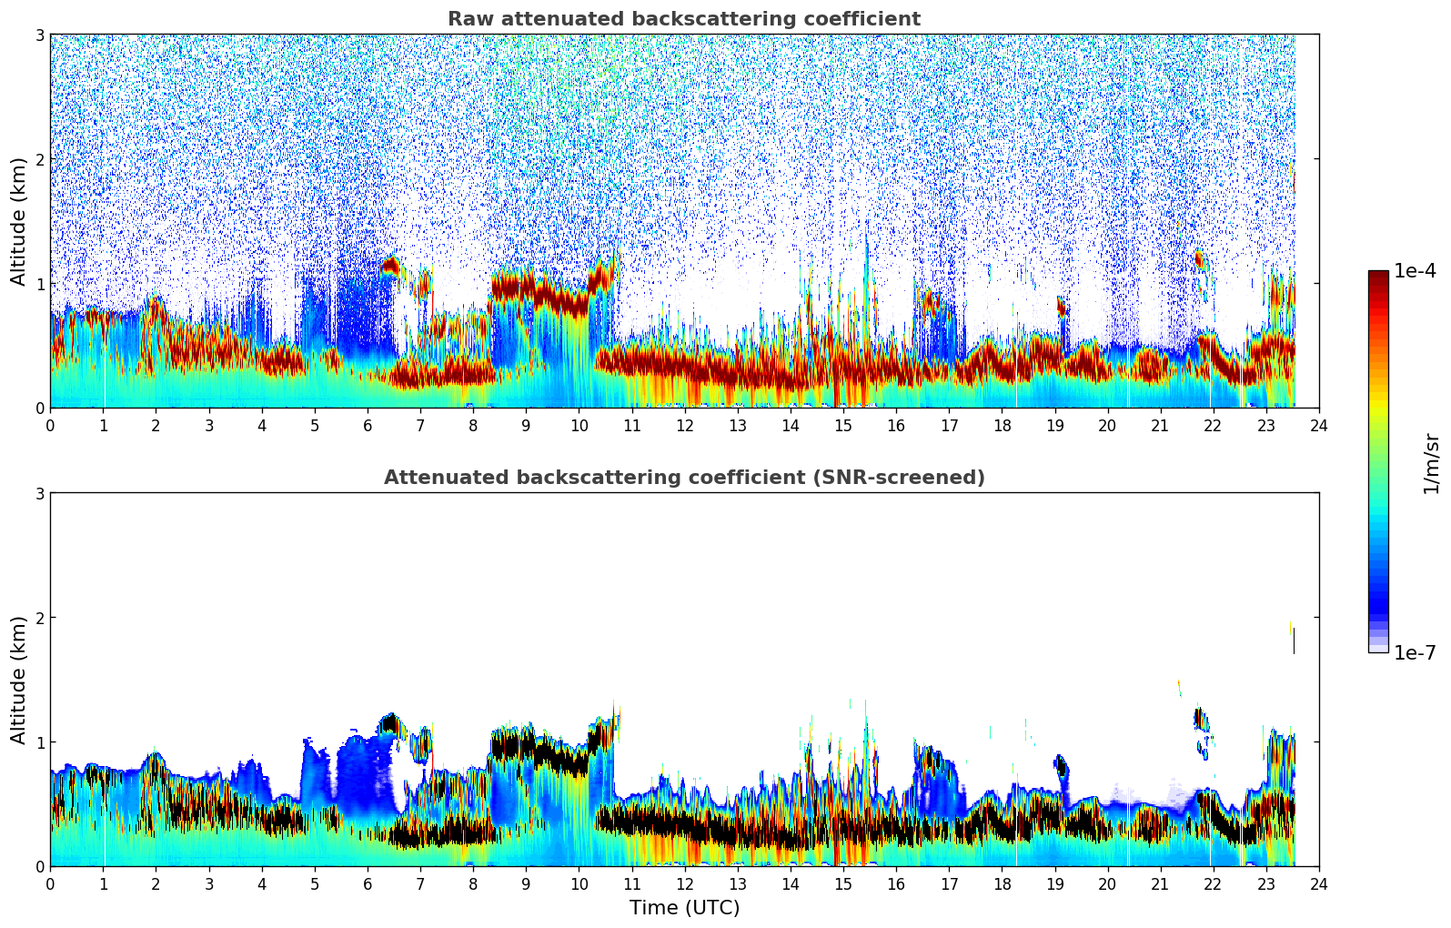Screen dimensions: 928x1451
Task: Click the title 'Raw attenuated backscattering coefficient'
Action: pos(683,19)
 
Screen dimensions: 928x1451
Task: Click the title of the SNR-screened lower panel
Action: pos(683,478)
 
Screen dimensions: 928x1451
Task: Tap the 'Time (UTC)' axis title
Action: pos(684,908)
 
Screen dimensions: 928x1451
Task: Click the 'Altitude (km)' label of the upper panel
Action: pos(18,221)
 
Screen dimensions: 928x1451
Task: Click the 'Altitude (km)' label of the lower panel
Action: pos(18,680)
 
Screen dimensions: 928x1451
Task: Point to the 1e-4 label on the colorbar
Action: pos(1415,271)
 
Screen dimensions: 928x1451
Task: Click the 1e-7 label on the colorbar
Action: pos(1415,653)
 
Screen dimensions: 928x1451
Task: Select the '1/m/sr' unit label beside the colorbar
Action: pos(1431,462)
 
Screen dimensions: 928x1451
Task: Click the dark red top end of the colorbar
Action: pos(1378,276)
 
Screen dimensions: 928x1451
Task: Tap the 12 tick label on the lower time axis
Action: pos(684,884)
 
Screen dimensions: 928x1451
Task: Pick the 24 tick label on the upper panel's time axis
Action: pos(1318,426)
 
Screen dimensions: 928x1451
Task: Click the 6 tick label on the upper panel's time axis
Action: pos(368,426)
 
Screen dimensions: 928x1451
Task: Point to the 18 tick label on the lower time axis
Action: pos(1002,884)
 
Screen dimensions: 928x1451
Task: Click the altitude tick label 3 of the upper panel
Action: pos(39,35)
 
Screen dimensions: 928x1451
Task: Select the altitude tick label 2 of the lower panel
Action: pos(39,618)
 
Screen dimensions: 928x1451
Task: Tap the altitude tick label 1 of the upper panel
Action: pos(39,284)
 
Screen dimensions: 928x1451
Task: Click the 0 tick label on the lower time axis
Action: pos(50,884)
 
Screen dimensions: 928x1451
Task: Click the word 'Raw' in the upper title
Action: pos(466,19)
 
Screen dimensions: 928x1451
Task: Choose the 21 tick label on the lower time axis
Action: pos(1160,884)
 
